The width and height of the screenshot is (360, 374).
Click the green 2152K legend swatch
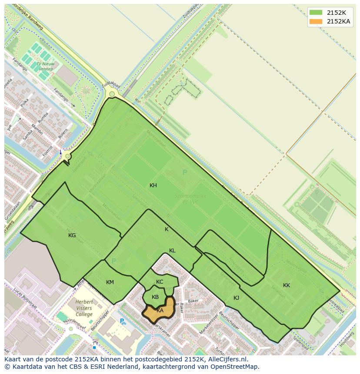point(316,13)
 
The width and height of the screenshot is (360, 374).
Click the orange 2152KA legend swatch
point(316,21)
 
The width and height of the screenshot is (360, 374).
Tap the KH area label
point(153,185)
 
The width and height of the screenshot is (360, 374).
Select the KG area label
point(72,235)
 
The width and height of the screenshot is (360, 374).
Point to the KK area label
point(287,285)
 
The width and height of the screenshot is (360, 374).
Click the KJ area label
point(237,298)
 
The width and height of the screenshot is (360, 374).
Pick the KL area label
point(172,251)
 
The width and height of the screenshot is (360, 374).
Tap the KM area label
point(110,282)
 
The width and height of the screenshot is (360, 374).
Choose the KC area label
point(160,282)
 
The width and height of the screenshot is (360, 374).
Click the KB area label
point(155,297)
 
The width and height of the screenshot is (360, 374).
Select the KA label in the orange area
point(160,310)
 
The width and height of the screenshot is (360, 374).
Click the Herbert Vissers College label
point(84,308)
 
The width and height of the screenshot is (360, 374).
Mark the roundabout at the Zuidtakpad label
point(112,94)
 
